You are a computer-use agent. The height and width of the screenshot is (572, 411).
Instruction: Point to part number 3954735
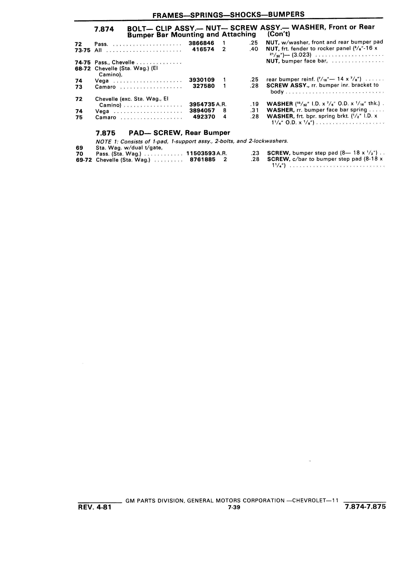(x=202, y=104)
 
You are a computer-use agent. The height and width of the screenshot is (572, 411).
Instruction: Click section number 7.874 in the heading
(x=104, y=29)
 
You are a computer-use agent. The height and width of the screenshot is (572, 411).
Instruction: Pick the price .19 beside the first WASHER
(x=254, y=104)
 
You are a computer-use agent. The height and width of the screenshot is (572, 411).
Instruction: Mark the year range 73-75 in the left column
(x=83, y=50)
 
